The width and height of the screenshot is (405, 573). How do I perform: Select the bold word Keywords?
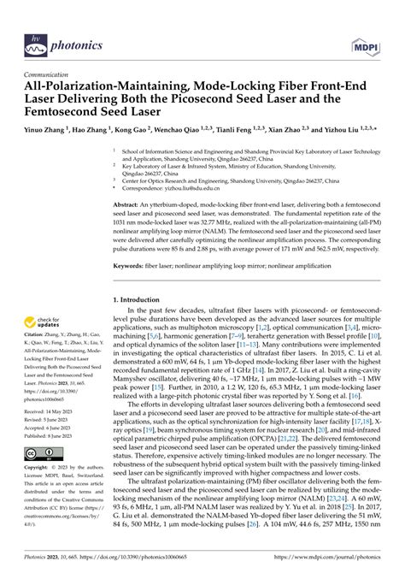(131, 268)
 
